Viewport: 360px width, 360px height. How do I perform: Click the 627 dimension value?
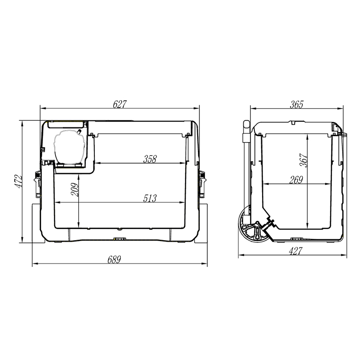(x=119, y=104)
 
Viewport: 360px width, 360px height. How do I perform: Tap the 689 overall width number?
(x=114, y=260)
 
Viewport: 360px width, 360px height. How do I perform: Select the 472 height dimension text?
(x=18, y=182)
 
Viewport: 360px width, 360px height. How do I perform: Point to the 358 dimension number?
(x=150, y=159)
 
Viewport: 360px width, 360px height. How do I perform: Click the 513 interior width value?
(x=150, y=199)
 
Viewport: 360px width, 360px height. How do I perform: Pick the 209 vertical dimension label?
(x=75, y=190)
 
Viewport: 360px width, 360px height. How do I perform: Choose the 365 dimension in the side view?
(x=296, y=105)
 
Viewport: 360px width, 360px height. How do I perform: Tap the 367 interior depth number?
(x=303, y=160)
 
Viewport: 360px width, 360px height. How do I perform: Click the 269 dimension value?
(x=296, y=180)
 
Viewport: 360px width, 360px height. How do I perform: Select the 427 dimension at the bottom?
(x=296, y=251)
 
